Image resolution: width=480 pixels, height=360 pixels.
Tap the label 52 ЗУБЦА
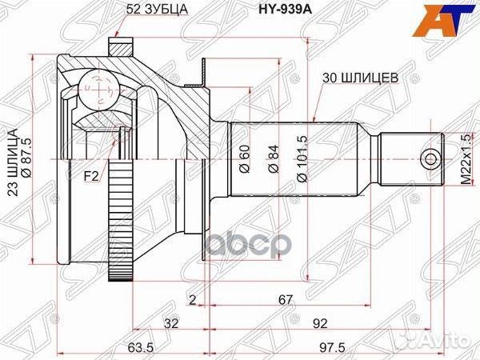point(157,9)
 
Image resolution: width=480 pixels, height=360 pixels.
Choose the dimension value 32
point(171,324)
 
